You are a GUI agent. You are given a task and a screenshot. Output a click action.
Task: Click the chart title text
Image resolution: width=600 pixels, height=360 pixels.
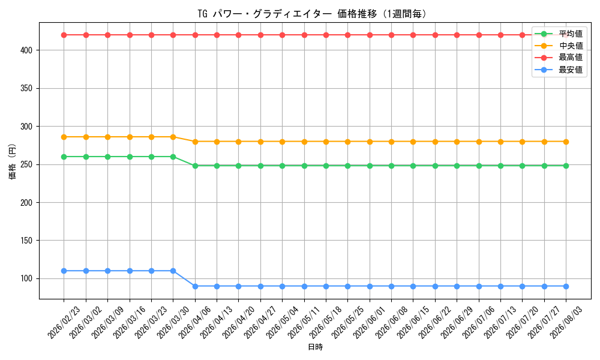click(312, 14)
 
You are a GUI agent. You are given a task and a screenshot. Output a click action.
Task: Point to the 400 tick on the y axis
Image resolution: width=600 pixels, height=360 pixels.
click(27, 50)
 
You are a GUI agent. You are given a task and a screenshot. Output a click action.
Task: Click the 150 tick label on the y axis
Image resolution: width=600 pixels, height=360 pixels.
click(27, 240)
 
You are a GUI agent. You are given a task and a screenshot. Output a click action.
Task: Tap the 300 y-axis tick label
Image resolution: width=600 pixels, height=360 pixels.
click(27, 126)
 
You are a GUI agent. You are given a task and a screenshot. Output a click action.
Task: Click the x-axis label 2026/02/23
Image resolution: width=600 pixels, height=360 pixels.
click(64, 323)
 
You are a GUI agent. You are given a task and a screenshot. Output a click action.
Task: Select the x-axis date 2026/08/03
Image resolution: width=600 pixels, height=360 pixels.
click(566, 323)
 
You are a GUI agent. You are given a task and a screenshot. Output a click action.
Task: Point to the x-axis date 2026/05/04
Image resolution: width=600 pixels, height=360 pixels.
click(282, 323)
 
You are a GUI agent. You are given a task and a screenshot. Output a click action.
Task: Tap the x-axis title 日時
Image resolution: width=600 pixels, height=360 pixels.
click(316, 347)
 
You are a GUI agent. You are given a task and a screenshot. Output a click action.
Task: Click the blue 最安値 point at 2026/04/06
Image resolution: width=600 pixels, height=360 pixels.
click(195, 286)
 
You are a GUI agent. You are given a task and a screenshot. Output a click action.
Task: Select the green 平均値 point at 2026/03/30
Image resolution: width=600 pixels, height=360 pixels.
click(173, 157)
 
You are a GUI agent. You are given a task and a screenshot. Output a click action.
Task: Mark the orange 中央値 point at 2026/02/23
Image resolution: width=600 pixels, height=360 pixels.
click(64, 137)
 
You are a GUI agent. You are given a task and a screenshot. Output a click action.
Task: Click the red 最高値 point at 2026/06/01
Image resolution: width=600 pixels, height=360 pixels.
click(370, 35)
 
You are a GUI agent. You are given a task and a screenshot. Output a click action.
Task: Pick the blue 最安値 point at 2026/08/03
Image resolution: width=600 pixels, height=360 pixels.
click(566, 286)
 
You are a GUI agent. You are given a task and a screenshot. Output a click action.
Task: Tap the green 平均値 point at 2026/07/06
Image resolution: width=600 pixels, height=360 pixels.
click(479, 166)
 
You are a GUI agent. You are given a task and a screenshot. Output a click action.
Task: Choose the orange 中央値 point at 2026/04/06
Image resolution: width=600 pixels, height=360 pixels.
click(195, 142)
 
